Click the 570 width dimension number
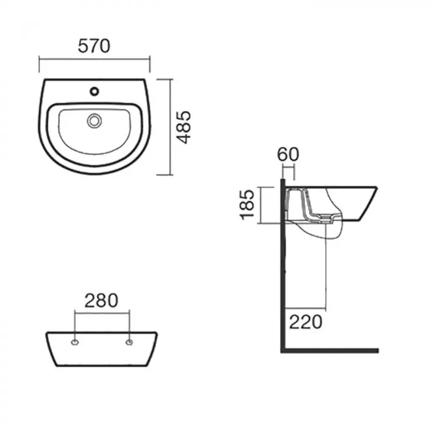(94, 46)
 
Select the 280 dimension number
(101, 301)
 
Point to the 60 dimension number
(288, 154)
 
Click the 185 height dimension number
(247, 205)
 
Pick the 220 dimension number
(306, 322)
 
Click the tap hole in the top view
(94, 91)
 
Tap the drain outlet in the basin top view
(94, 121)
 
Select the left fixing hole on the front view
(75, 343)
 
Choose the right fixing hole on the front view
(129, 343)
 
